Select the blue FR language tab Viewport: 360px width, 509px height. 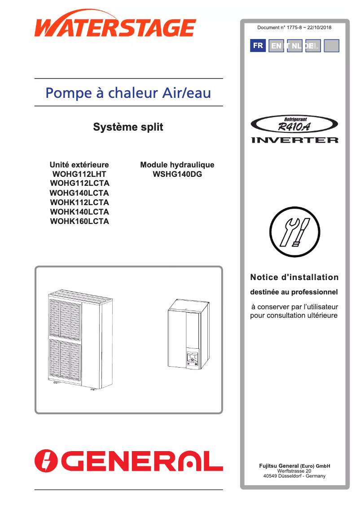coord(258,46)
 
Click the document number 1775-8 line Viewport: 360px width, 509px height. coord(294,28)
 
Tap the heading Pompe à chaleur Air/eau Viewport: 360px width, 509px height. coord(128,93)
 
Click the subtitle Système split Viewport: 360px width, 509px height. coord(128,127)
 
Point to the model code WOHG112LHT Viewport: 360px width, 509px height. coord(79,174)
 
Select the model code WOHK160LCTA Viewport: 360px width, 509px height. coord(79,221)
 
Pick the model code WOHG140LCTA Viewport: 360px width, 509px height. coord(79,193)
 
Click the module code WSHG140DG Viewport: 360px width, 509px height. coord(177,174)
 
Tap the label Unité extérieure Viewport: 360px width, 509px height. coord(79,165)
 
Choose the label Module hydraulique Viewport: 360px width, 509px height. coord(177,165)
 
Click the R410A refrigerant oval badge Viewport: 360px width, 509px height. coord(294,124)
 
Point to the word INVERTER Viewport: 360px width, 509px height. coord(294,140)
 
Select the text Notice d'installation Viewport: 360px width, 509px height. coord(294,277)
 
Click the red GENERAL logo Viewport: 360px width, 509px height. coord(129,461)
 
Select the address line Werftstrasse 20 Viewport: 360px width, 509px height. coord(294,471)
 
